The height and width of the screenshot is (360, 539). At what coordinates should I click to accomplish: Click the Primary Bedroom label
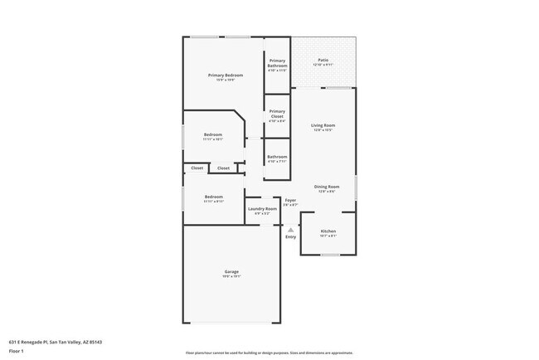[226, 75]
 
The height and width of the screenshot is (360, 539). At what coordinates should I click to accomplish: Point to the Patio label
[323, 61]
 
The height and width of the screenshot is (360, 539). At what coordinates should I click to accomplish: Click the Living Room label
[323, 125]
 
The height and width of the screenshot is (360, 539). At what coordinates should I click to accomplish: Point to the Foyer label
[290, 200]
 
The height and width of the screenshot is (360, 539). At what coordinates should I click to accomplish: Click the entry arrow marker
[290, 229]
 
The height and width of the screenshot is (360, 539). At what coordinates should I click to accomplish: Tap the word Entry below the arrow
[290, 237]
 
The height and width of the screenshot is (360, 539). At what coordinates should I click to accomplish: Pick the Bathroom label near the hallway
[277, 157]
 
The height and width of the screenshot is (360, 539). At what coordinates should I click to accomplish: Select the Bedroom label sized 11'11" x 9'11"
[214, 197]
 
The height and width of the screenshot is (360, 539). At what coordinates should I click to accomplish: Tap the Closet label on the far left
[197, 168]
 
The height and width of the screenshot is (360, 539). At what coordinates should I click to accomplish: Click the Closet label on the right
[224, 168]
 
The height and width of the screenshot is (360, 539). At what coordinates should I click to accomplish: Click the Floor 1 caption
[17, 351]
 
